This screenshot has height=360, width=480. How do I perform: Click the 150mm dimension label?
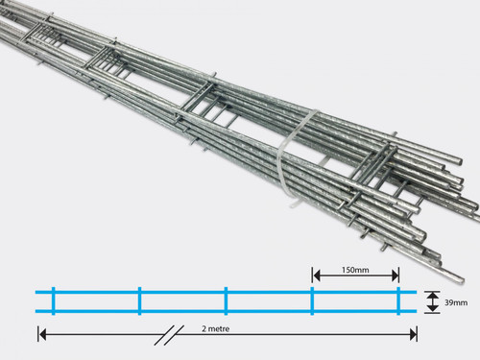[x=355, y=270]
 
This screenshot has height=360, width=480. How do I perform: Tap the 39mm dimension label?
[x=456, y=302]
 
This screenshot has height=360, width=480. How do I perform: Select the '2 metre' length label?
[x=216, y=328]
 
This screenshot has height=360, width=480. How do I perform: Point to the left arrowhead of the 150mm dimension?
[x=317, y=276]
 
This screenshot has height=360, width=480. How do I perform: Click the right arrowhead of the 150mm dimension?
[x=395, y=276]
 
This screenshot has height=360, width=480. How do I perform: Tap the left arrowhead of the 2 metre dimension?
[x=42, y=335]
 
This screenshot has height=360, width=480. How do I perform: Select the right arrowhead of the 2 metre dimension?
[x=413, y=335]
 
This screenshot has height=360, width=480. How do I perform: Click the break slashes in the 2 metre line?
[x=169, y=335]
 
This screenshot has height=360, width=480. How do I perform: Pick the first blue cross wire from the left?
[x=54, y=300]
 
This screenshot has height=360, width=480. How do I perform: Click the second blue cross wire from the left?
[x=139, y=300]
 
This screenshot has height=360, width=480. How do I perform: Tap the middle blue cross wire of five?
[x=226, y=300]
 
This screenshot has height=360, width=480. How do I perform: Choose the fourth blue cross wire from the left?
[x=312, y=300]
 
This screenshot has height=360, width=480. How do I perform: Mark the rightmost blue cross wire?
[x=398, y=300]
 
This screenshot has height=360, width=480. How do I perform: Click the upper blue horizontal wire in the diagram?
[x=226, y=292]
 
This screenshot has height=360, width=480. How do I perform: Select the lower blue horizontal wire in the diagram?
[x=226, y=311]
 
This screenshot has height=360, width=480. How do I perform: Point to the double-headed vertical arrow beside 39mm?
[x=433, y=301]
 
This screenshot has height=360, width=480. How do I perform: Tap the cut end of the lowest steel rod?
[x=461, y=279]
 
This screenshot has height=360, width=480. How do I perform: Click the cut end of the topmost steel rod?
[x=460, y=161]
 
